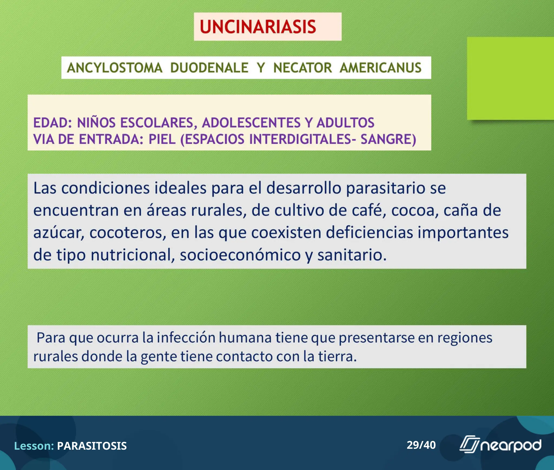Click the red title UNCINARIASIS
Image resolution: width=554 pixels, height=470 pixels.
pyautogui.click(x=258, y=27)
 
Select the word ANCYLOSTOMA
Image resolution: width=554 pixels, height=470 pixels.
pyautogui.click(x=114, y=68)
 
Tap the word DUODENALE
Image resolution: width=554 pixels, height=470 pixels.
pyautogui.click(x=209, y=68)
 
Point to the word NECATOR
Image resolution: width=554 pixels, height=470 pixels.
pyautogui.click(x=302, y=68)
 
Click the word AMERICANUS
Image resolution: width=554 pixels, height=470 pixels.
pyautogui.click(x=381, y=68)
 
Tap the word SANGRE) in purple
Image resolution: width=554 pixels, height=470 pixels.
pyautogui.click(x=388, y=139)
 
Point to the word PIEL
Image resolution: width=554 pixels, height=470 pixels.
pyautogui.click(x=162, y=139)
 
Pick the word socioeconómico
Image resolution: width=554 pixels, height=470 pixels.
pyautogui.click(x=240, y=255)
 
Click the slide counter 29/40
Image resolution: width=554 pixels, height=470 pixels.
pyautogui.click(x=421, y=445)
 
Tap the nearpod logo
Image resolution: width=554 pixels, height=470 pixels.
pyautogui.click(x=500, y=445)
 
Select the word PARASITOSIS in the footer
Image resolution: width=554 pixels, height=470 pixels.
pyautogui.click(x=92, y=446)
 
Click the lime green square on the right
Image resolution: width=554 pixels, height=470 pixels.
pyautogui.click(x=510, y=79)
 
